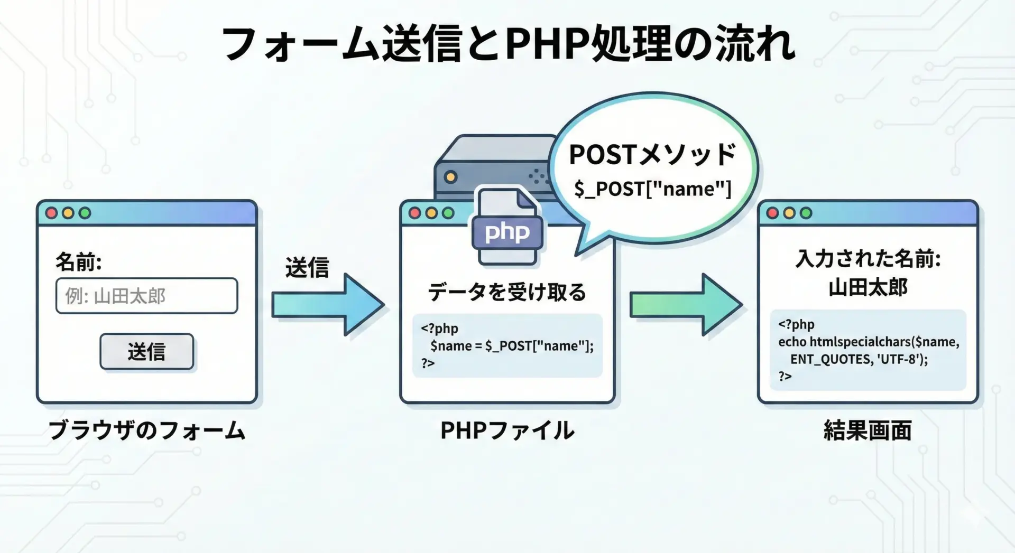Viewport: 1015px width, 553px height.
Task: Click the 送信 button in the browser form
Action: point(147,351)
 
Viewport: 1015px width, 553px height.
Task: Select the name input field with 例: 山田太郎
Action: point(147,296)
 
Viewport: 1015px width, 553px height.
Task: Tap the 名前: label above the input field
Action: point(78,262)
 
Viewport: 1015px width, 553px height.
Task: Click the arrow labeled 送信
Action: point(328,304)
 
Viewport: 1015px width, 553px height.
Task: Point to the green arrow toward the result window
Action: point(686,304)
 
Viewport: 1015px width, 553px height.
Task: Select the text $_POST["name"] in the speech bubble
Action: point(653,189)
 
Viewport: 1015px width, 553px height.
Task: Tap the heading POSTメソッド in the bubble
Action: point(652,154)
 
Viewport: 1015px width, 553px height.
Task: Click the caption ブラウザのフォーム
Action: point(147,430)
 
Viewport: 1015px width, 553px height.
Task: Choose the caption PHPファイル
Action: point(507,430)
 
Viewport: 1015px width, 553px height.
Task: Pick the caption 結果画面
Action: point(868,430)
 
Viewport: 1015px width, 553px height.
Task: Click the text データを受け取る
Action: point(507,292)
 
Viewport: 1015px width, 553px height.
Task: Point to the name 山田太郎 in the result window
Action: point(868,287)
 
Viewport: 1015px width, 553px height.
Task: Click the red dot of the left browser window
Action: point(51,213)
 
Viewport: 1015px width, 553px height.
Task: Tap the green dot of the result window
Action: point(806,213)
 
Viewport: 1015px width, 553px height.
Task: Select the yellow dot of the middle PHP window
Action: point(431,213)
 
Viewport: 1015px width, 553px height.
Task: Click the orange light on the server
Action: point(450,177)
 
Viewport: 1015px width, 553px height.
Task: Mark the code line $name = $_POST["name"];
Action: point(512,346)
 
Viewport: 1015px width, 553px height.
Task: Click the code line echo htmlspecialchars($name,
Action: point(869,342)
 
